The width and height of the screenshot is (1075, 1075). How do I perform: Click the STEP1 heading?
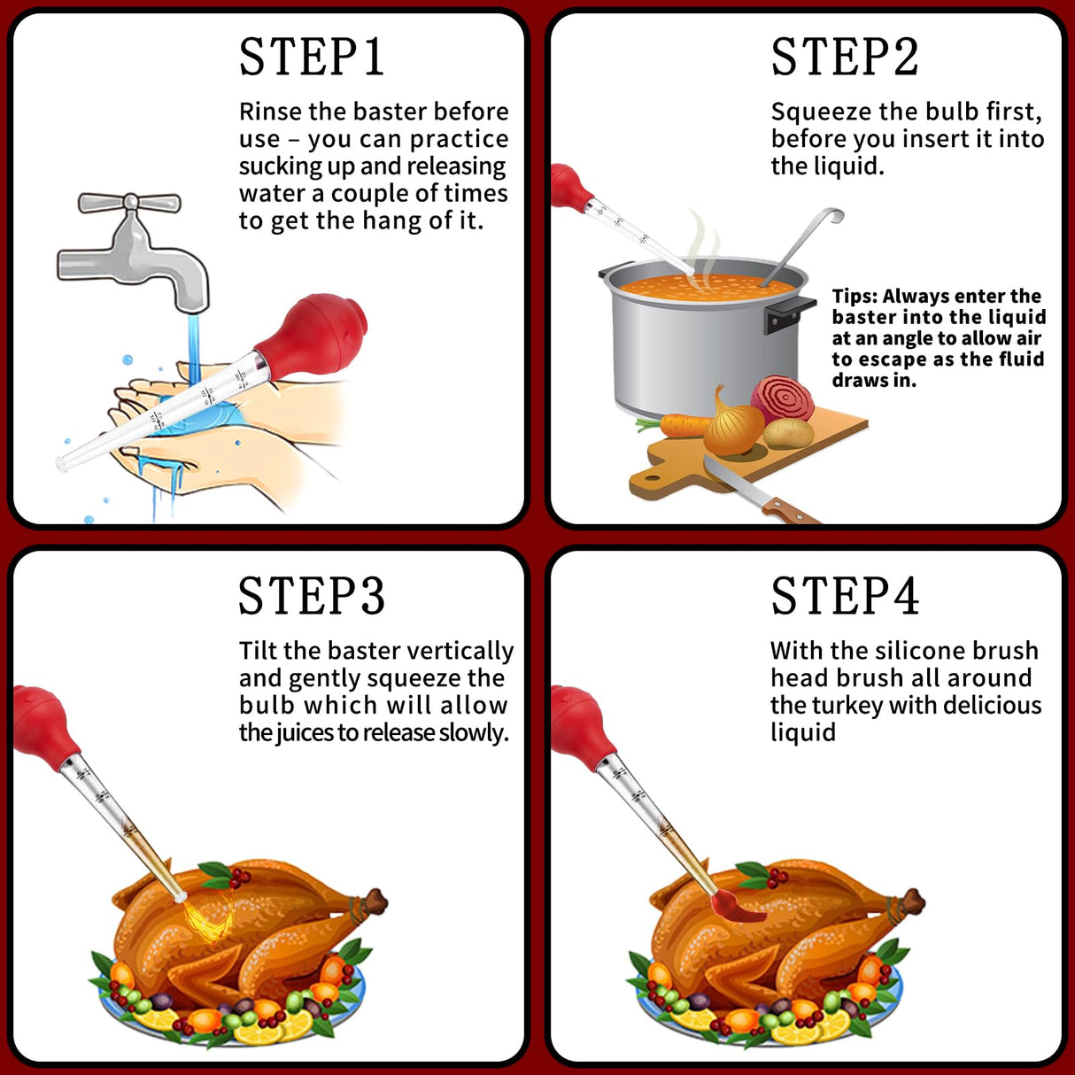(x=312, y=58)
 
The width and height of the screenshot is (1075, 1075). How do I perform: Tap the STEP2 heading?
(x=845, y=58)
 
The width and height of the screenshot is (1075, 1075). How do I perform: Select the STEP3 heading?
(x=312, y=596)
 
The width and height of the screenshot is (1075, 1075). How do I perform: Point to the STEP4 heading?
(x=845, y=596)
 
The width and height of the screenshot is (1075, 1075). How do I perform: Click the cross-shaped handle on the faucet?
(x=129, y=203)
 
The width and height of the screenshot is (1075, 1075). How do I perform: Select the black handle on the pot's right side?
(x=788, y=313)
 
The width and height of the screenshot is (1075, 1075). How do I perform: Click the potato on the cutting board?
(x=788, y=433)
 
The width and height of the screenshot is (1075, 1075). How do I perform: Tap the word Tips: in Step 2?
(x=855, y=297)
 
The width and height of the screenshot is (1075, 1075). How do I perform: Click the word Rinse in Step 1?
(x=269, y=112)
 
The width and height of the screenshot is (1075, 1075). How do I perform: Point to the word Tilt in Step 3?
(x=258, y=651)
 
